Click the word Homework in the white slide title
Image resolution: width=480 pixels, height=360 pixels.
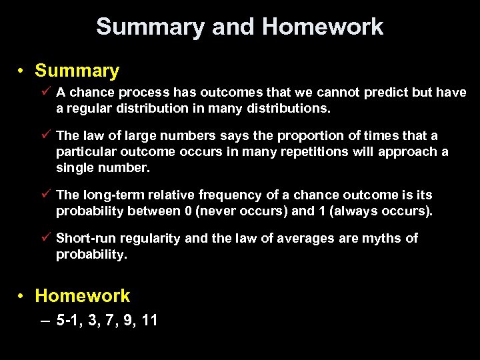323,27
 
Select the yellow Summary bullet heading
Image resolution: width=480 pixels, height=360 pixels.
77,71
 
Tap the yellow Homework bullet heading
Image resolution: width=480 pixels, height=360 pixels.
82,295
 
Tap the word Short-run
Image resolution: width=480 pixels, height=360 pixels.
84,239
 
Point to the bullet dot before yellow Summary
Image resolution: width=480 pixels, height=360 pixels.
22,71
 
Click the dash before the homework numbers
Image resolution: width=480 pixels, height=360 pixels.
44,321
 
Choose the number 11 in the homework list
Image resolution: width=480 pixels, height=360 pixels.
149,321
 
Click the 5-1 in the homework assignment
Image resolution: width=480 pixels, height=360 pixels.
68,321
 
